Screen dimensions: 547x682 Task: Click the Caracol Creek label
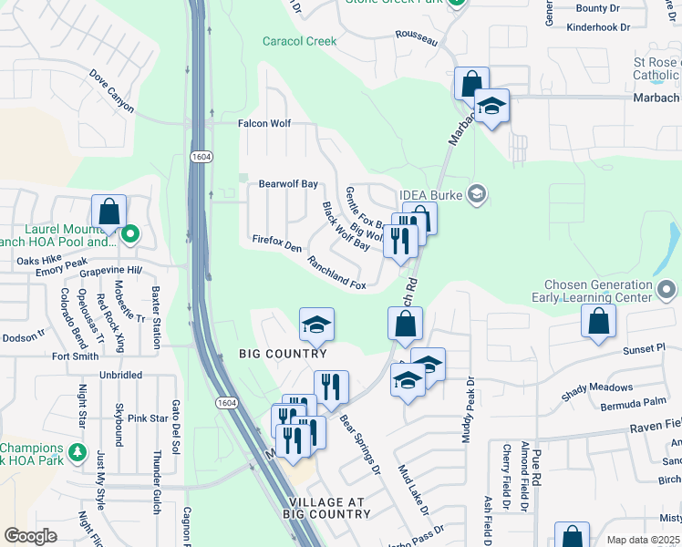299,41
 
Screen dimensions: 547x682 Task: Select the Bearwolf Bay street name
288,183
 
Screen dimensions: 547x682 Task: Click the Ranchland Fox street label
336,273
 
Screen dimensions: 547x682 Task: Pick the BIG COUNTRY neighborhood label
283,354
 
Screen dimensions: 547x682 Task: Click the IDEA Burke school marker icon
475,193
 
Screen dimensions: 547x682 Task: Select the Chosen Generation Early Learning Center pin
666,291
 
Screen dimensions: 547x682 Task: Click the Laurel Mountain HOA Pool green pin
130,234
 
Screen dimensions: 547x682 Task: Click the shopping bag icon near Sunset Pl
598,321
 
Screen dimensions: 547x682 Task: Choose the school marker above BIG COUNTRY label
316,325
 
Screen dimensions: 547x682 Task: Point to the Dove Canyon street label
112,92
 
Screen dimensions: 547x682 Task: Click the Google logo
30,536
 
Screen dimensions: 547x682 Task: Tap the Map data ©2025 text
642,541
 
